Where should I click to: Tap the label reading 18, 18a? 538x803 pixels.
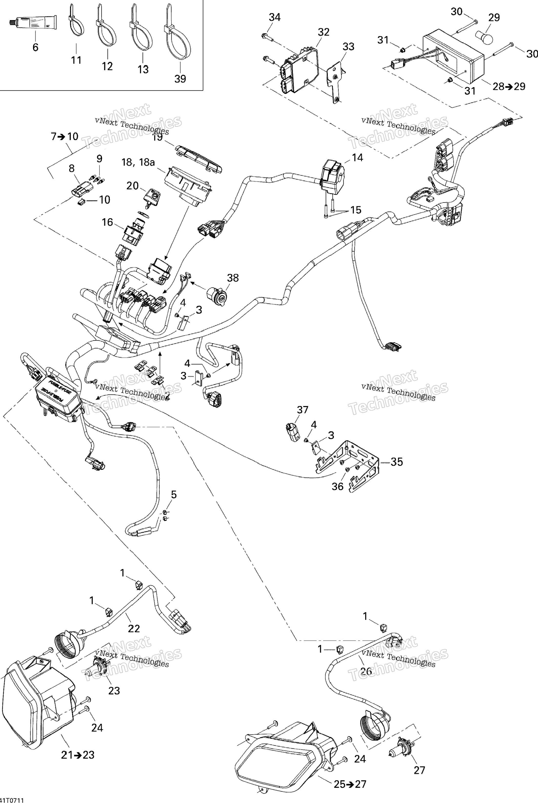click(138, 162)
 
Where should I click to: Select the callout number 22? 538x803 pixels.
click(134, 628)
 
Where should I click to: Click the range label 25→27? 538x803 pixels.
click(350, 784)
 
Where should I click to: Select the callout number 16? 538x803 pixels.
click(107, 222)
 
